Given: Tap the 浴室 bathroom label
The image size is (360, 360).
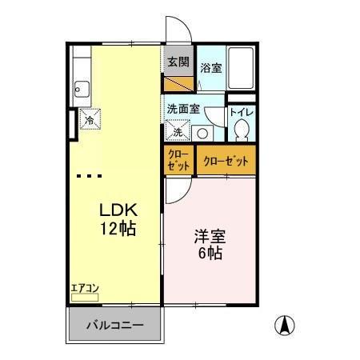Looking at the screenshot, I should tap(211, 69).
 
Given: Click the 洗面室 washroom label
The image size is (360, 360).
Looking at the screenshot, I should tap(182, 108).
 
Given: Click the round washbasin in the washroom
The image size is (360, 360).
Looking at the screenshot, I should tap(202, 134).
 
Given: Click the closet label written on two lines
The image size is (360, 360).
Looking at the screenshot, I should tap(178, 160).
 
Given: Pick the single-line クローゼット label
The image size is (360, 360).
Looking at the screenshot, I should tap(226, 161).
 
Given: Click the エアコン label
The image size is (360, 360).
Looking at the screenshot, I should tap(84, 288).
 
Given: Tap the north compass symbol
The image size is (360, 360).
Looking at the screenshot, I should tap(284, 326).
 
